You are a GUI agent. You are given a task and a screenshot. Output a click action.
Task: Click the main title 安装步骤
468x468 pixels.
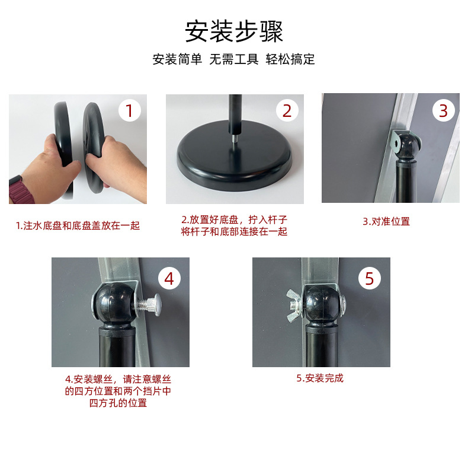pyautogui.click(x=234, y=31)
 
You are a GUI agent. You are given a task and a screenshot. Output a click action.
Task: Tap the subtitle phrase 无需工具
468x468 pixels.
pyautogui.click(x=234, y=60)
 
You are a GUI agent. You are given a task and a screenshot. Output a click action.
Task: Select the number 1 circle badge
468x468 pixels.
pyautogui.click(x=130, y=110)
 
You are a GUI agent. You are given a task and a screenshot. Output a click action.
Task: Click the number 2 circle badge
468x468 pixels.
pyautogui.click(x=287, y=110)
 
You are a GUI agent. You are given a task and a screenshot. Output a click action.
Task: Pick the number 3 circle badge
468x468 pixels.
pyautogui.click(x=443, y=110)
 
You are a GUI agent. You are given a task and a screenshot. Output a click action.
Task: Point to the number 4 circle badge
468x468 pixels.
pyautogui.click(x=169, y=278)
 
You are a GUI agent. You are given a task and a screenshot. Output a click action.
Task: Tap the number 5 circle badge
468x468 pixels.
pyautogui.click(x=369, y=278)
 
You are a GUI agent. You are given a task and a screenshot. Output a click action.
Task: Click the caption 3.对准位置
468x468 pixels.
pyautogui.click(x=386, y=221)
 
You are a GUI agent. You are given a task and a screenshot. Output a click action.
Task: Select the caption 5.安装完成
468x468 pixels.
pyautogui.click(x=320, y=378)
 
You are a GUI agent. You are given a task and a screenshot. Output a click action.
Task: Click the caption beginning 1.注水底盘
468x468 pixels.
pyautogui.click(x=78, y=225)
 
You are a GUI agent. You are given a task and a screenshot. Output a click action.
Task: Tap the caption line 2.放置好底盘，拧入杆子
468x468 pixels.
pyautogui.click(x=234, y=220)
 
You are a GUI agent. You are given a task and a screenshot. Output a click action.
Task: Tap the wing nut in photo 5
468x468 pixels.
pyautogui.click(x=294, y=301)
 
